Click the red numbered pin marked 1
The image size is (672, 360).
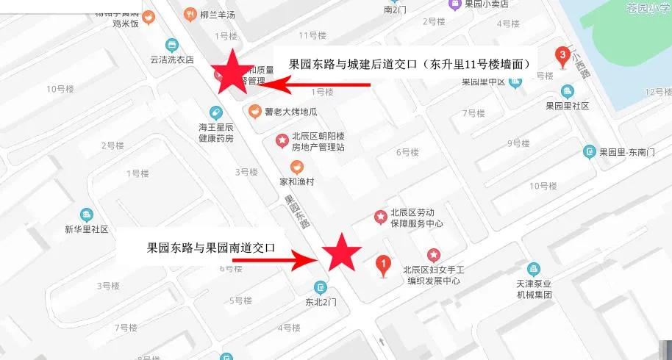coord(382,265)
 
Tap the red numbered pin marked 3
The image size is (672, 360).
coord(563,56)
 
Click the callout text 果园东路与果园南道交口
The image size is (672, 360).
coord(211,248)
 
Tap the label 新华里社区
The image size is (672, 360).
coord(87,229)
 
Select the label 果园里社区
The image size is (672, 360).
coord(567,106)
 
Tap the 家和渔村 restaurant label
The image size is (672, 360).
coord(296,181)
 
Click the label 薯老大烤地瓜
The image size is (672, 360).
coord(291,112)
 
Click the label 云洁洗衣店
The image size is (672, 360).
coord(171,60)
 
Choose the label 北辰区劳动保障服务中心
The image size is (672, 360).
coord(416,218)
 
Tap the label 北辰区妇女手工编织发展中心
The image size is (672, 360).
coord(432,275)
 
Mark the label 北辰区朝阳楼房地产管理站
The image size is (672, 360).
coord(318,141)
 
